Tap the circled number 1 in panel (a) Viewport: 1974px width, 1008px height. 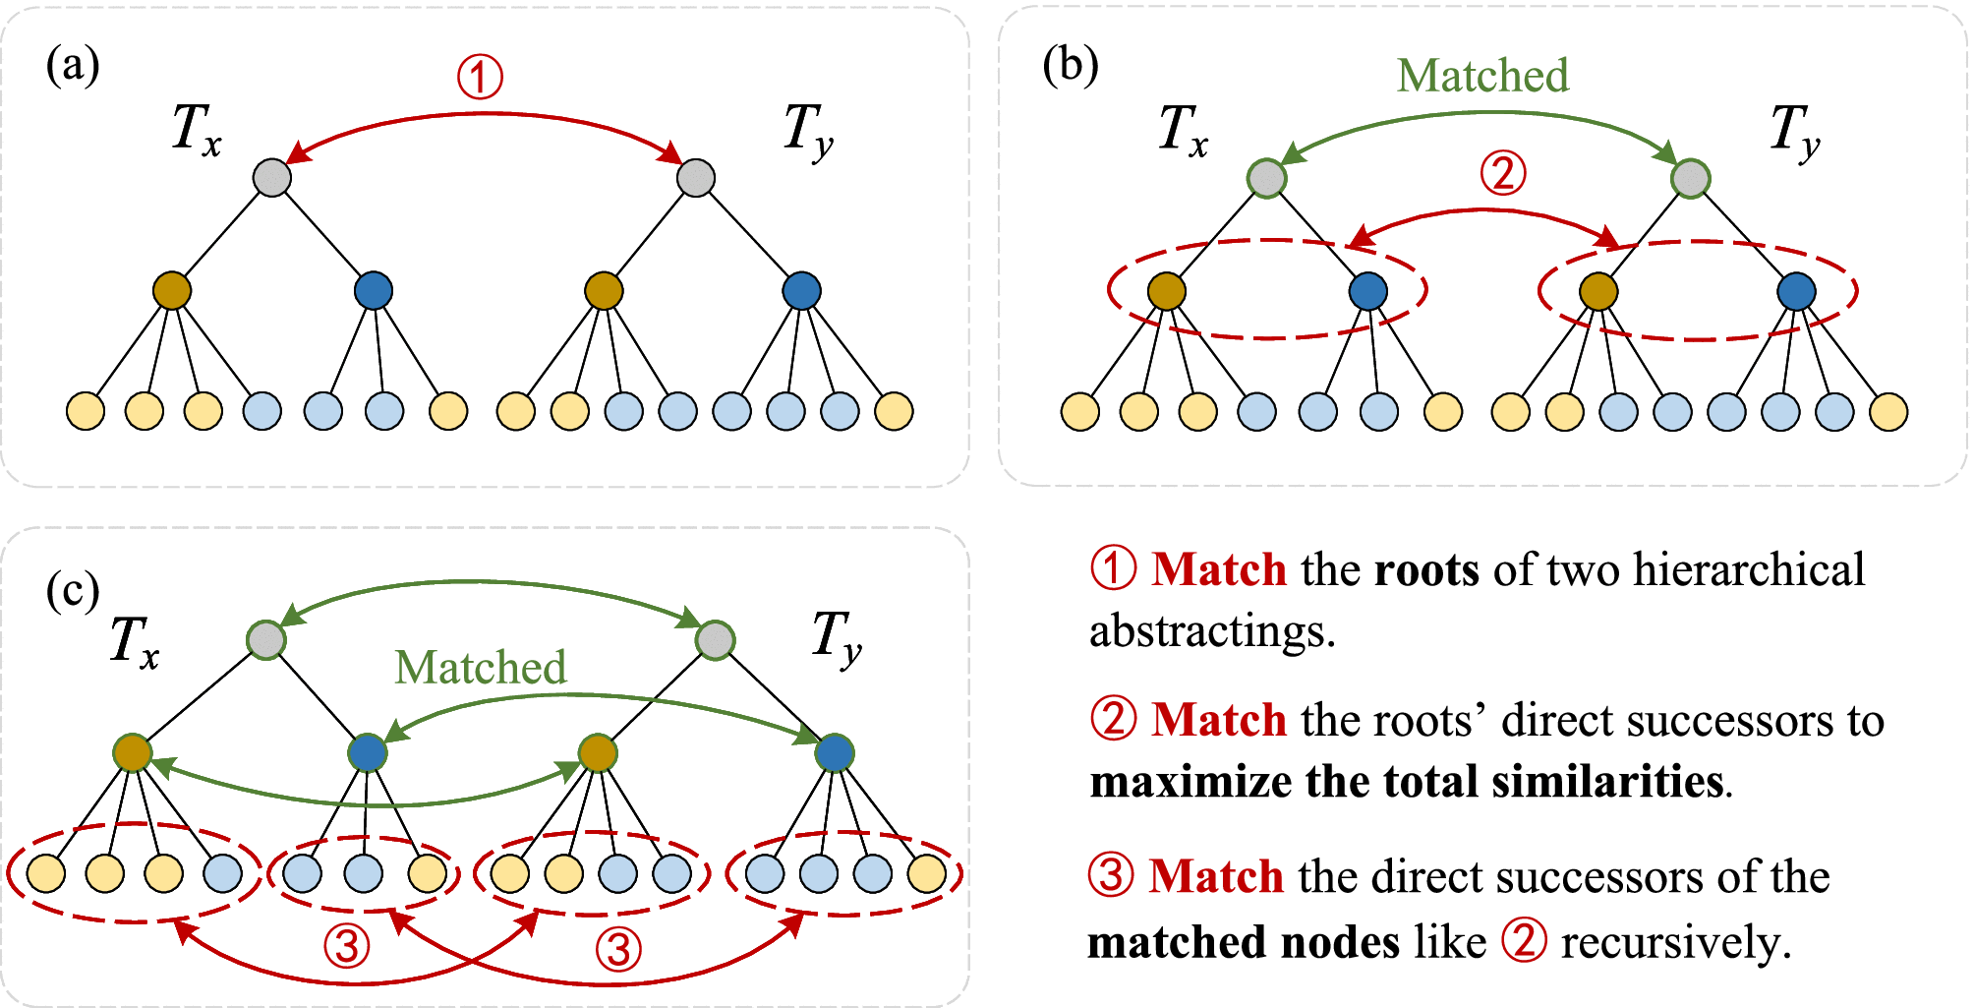480,77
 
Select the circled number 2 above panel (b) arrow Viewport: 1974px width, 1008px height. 1503,173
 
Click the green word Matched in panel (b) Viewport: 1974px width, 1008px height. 1482,76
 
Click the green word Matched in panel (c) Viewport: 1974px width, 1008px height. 481,668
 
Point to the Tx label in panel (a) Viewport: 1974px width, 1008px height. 196,130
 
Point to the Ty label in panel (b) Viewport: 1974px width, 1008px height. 1795,132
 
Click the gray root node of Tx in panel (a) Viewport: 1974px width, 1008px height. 272,178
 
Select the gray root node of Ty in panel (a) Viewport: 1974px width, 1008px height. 696,178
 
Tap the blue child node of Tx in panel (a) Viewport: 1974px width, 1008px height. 374,290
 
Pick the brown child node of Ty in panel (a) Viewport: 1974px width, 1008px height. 604,290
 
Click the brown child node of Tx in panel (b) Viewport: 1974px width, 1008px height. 1167,291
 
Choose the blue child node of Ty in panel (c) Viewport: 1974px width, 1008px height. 835,753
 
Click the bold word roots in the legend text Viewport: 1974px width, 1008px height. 1426,570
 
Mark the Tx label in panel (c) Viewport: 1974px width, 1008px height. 134,643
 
